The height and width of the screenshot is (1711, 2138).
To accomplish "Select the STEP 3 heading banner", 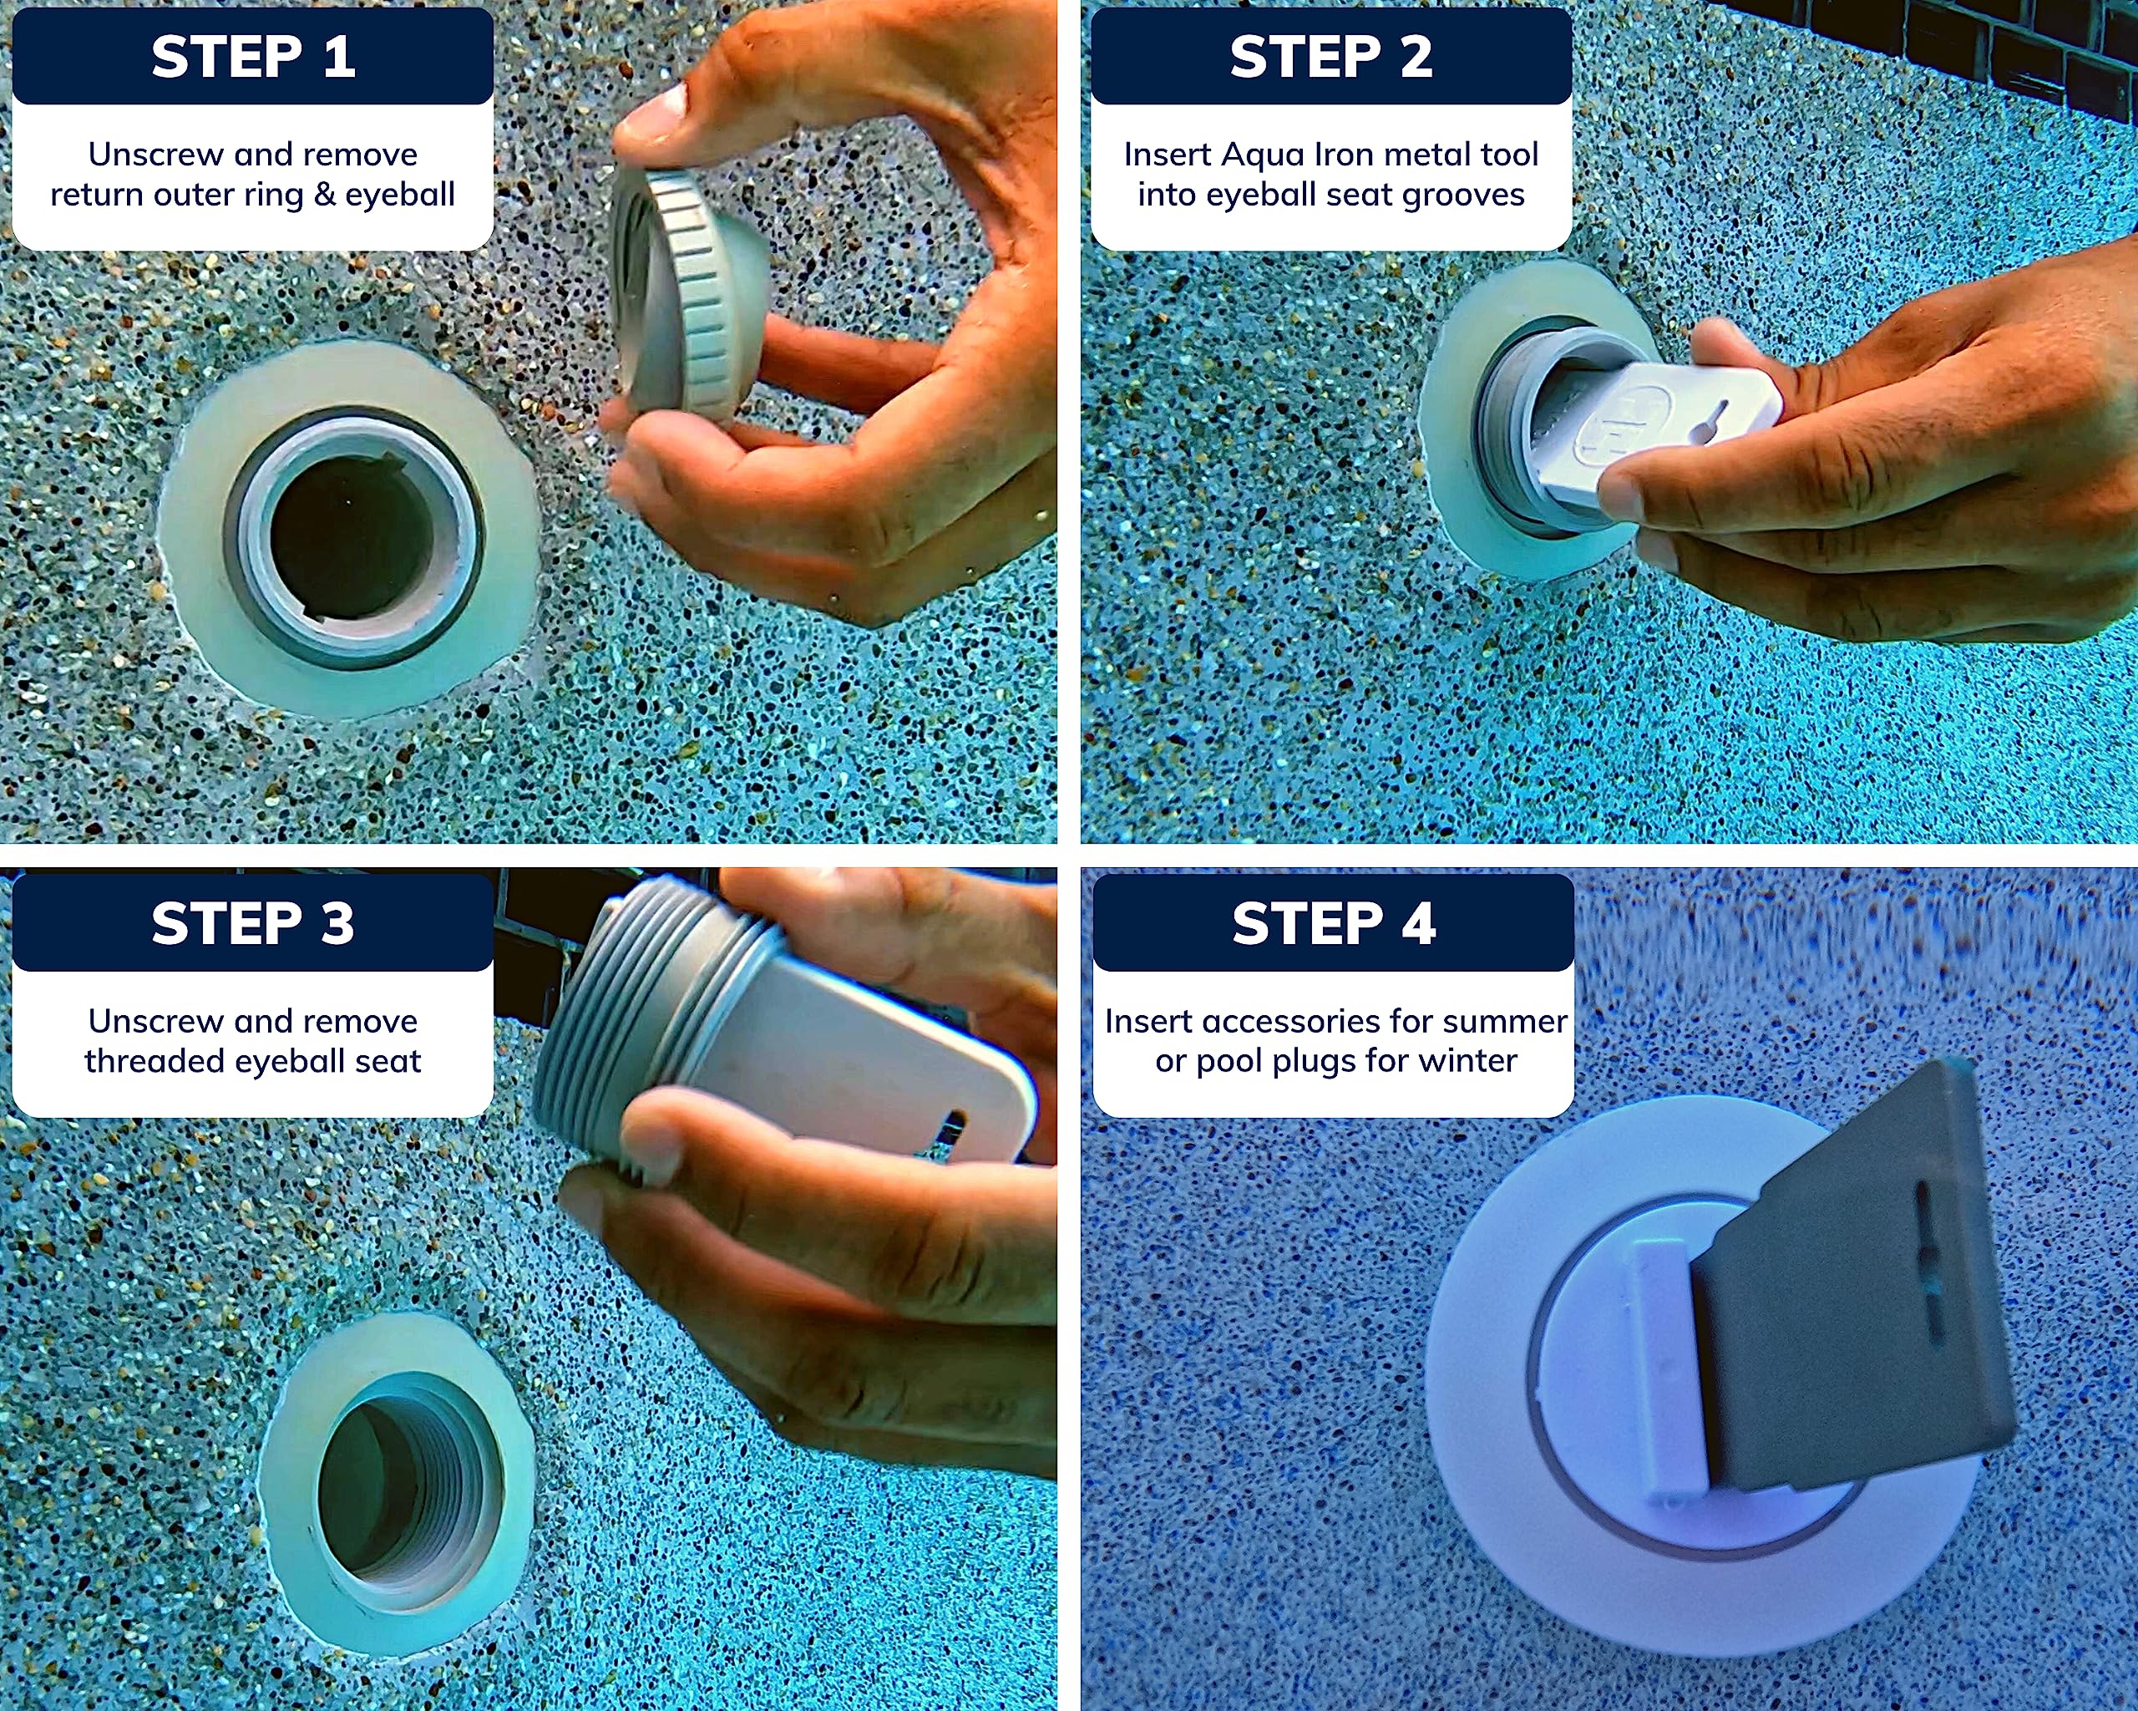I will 253,923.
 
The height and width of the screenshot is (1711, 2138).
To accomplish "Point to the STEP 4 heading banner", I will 1334,923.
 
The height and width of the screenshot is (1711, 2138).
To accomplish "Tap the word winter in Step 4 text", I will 1470,1061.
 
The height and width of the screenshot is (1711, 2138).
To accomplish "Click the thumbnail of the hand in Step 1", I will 650,117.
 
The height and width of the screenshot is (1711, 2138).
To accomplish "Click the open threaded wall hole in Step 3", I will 397,1488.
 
